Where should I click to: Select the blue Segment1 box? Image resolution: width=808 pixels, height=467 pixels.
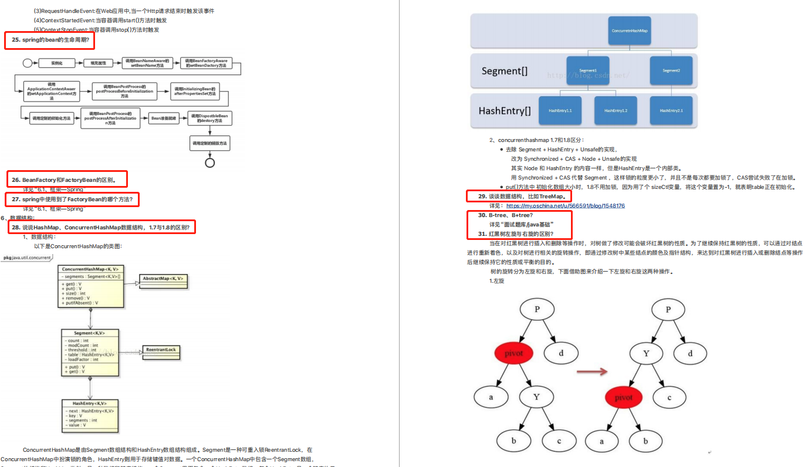coord(587,70)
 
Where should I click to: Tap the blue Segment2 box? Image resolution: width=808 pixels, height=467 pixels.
coord(671,70)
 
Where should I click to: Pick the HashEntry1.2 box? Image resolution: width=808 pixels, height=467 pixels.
coord(616,110)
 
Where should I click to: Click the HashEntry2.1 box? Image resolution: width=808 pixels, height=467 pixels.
coord(671,110)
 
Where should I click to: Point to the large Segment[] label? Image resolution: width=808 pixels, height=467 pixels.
coord(504,71)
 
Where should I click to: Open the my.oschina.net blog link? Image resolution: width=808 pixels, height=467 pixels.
coord(565,206)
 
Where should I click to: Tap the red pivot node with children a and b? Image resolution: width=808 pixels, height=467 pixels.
coord(624,397)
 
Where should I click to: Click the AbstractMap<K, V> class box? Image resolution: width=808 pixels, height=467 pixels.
coord(164,279)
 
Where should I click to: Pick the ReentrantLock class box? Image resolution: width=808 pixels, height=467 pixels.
coord(162,349)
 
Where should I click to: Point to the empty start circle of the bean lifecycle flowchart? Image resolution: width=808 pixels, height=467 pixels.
coord(27,62)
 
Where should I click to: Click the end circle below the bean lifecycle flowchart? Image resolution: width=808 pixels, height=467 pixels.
coord(209,163)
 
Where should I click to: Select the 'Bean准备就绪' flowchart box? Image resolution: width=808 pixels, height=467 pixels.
coord(163,119)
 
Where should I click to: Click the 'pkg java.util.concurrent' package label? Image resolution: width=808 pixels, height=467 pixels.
coord(28,258)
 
